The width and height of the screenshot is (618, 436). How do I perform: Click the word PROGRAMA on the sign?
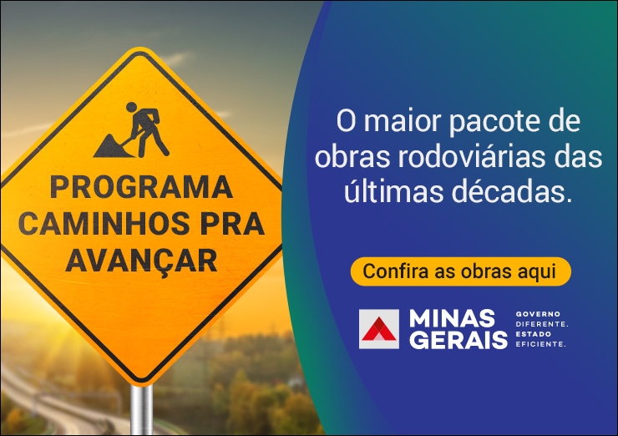coord(141,188)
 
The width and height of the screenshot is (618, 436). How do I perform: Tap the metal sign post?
coord(141,410)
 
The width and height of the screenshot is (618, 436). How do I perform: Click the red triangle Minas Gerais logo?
coord(379,330)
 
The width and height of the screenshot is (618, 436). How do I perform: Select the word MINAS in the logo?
coord(452,318)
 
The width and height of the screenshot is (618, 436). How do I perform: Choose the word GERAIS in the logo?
coord(458,339)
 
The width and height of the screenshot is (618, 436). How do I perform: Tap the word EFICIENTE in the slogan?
coord(540,344)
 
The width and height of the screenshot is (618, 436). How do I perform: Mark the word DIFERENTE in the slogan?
coord(541,324)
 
